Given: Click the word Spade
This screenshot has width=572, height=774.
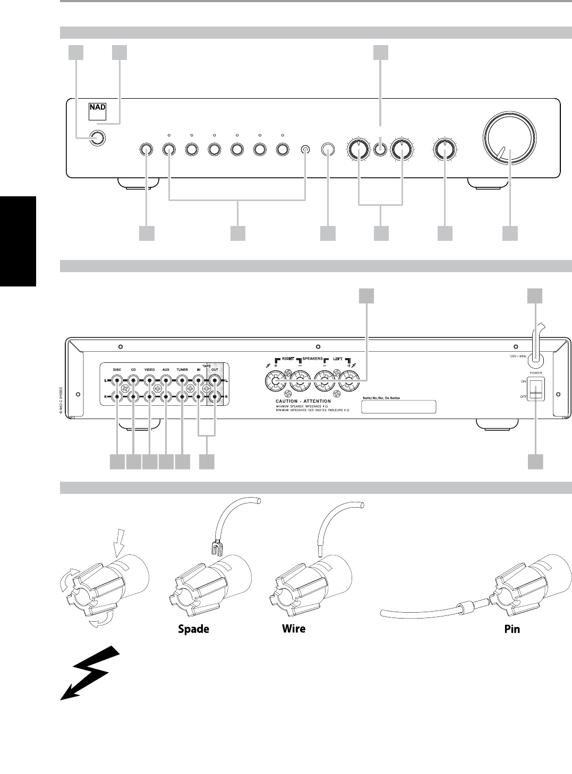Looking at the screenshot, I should pos(193,629).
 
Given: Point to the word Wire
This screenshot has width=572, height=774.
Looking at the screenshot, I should pos(293,629).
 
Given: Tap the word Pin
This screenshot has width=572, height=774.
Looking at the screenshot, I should pos(512,629).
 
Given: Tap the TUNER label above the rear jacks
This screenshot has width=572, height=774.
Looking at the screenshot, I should pos(183,369).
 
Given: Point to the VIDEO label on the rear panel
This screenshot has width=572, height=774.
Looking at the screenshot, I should pos(150,369).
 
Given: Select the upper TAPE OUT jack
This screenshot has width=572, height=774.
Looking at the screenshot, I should pos(215,380).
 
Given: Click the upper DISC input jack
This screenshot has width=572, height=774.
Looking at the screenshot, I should pos(117,380).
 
